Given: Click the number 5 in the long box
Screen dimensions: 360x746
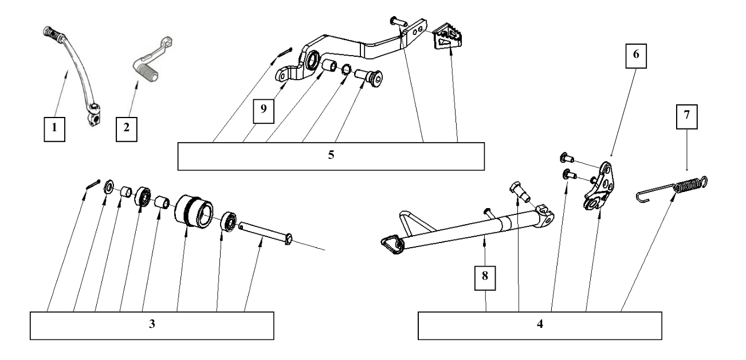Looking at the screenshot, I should point(331,156).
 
